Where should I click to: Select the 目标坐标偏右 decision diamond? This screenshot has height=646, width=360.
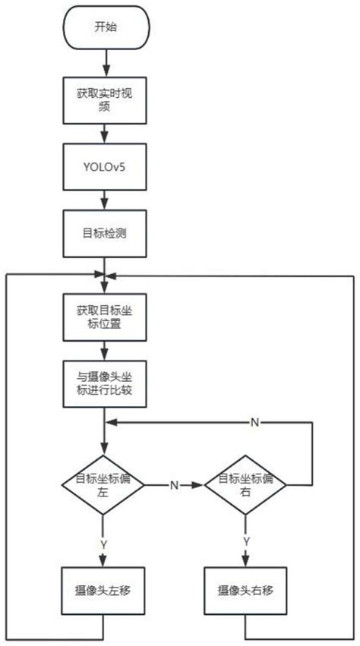coord(245,484)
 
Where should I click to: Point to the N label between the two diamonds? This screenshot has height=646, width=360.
coord(174,484)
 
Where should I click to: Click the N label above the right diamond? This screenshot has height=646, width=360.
coord(254,421)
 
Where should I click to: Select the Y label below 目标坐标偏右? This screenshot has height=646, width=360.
coord(245,540)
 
